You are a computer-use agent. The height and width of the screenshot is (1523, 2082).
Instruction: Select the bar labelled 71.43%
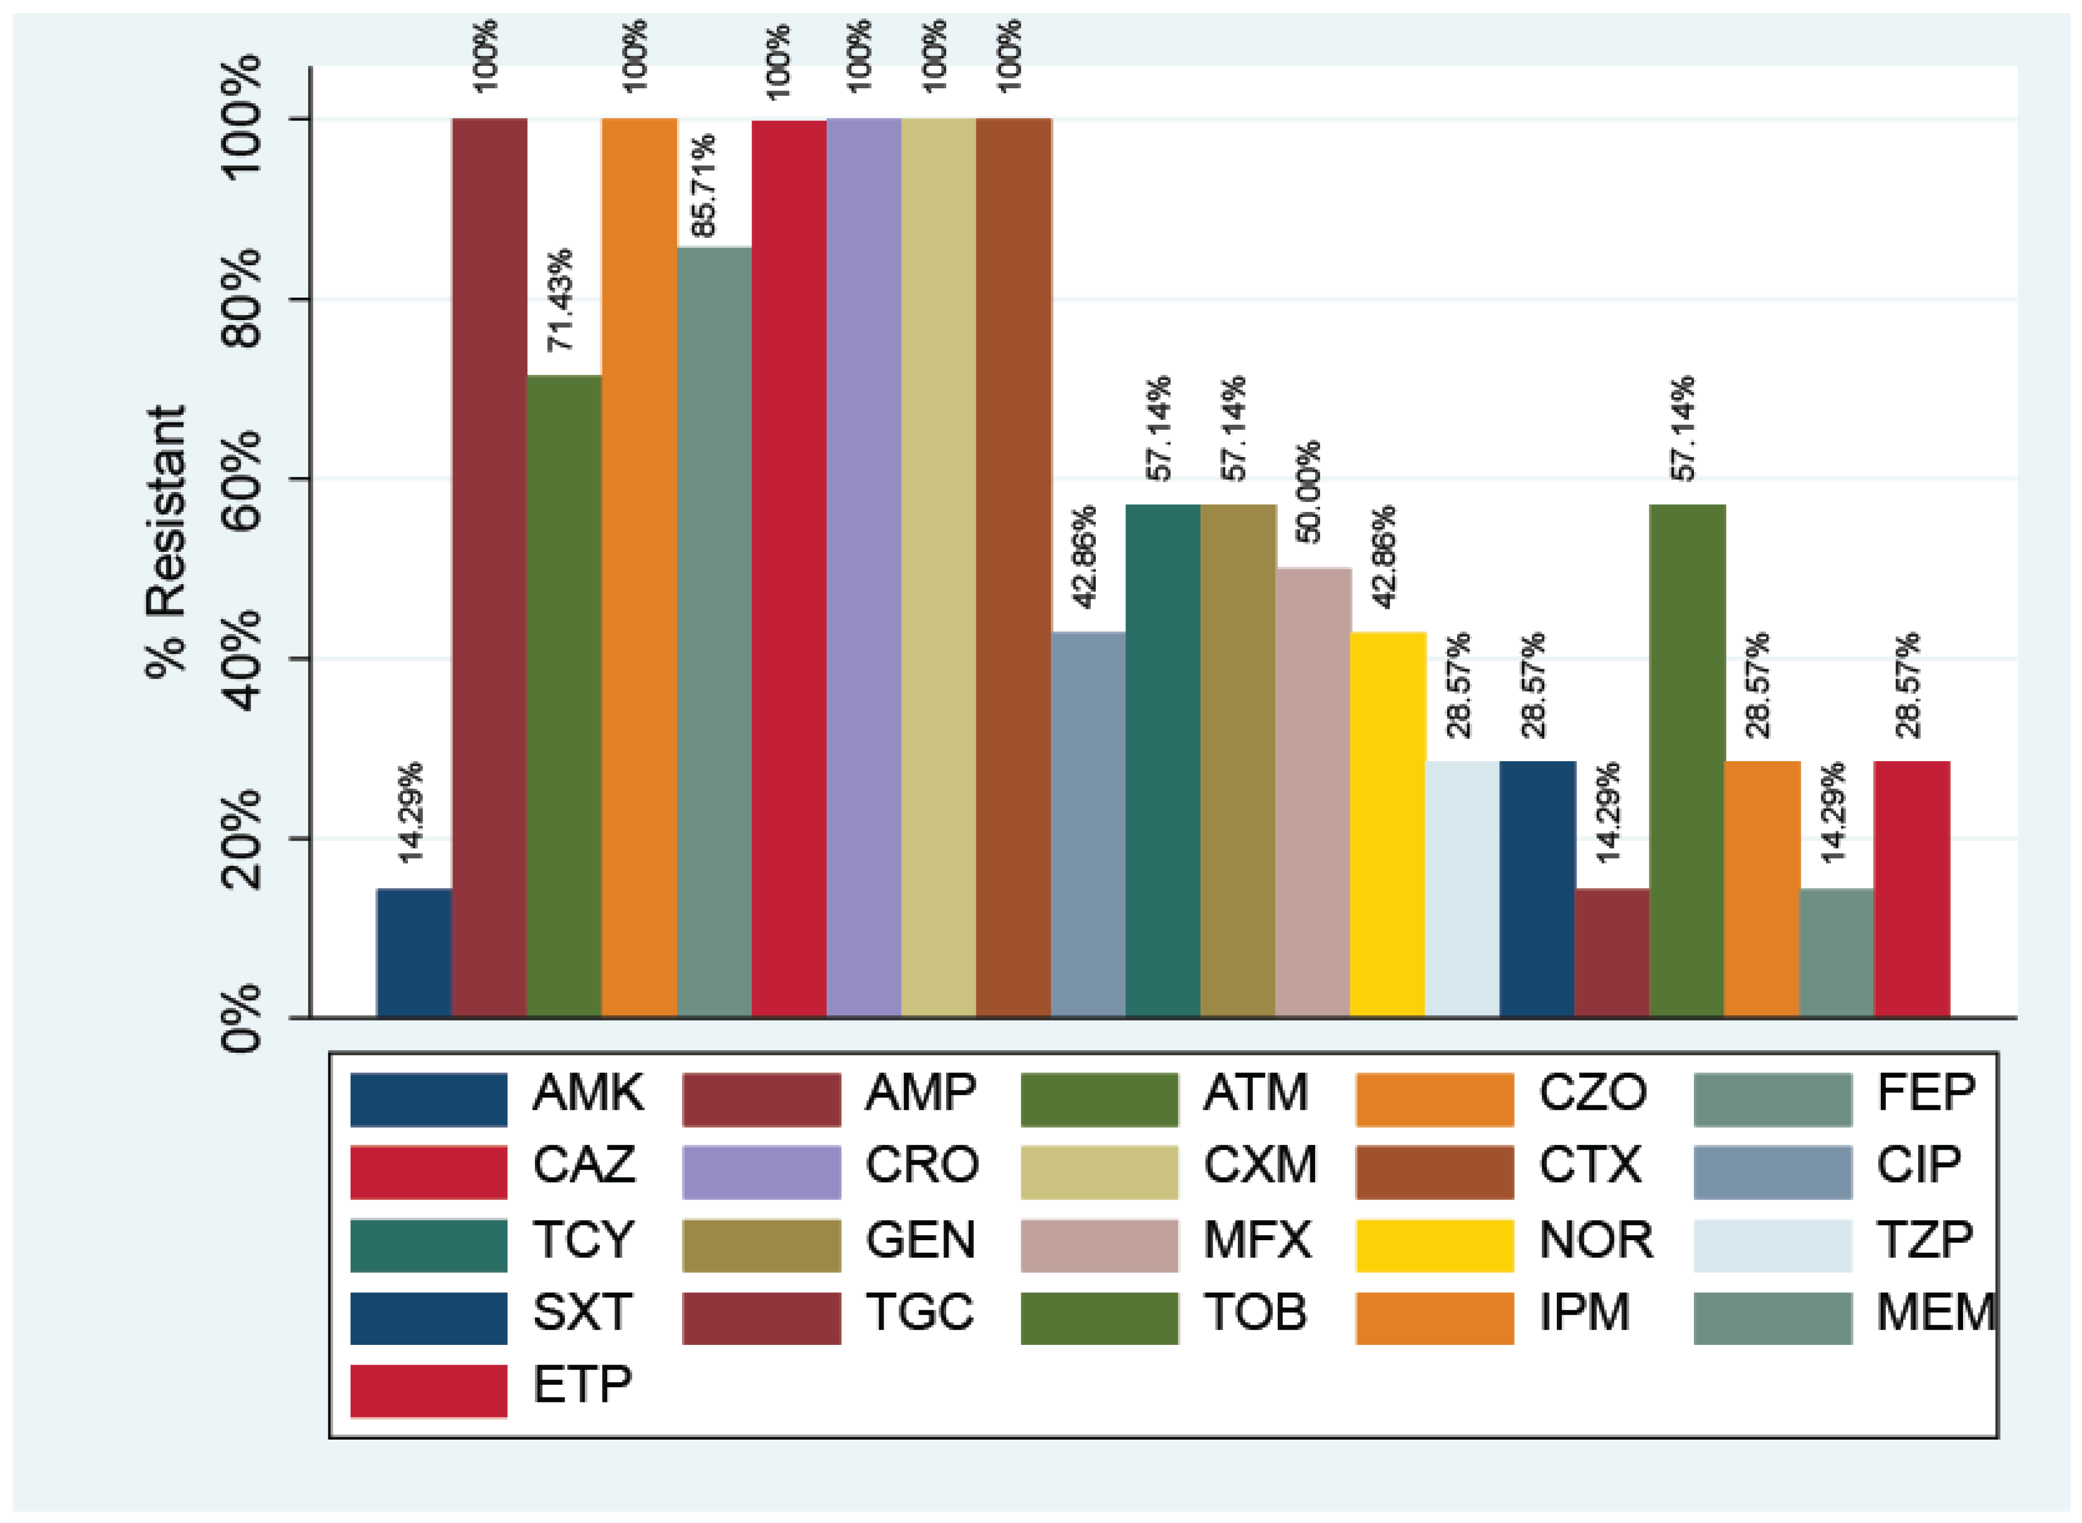pyautogui.click(x=564, y=696)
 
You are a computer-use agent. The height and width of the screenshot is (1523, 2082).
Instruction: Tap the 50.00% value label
pyautogui.click(x=1307, y=492)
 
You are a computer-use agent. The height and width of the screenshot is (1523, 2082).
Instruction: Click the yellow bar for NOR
pyautogui.click(x=1387, y=825)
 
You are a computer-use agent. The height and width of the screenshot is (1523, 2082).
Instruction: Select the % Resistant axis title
pyautogui.click(x=167, y=542)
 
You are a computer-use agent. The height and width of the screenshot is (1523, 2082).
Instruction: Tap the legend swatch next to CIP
pyautogui.click(x=1772, y=1172)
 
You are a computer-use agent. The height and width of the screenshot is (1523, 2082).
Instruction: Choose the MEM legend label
pyautogui.click(x=1935, y=1312)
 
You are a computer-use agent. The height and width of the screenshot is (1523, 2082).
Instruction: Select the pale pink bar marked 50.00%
pyautogui.click(x=1313, y=793)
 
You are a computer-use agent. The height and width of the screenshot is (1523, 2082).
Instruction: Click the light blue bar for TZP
pyautogui.click(x=1463, y=889)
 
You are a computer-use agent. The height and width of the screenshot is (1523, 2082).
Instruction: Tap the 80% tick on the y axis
pyautogui.click(x=242, y=300)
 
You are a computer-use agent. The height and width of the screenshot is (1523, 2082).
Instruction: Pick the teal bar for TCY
pyautogui.click(x=1163, y=761)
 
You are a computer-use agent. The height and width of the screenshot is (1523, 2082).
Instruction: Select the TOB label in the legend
pyautogui.click(x=1255, y=1312)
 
